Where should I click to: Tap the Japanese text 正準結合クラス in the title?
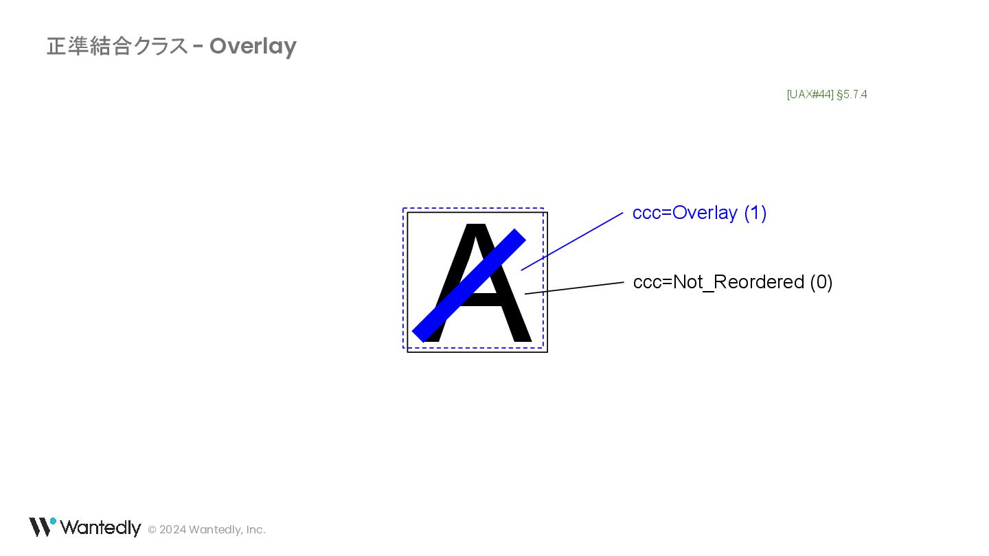pyautogui.click(x=117, y=47)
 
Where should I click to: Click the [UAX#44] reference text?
pyautogui.click(x=810, y=95)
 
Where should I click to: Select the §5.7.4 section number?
pyautogui.click(x=852, y=95)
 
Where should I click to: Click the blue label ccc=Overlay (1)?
pyautogui.click(x=699, y=213)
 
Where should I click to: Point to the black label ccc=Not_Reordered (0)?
pyautogui.click(x=732, y=282)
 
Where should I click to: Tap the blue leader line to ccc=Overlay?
pyautogui.click(x=572, y=241)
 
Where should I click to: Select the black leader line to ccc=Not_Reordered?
pyautogui.click(x=574, y=288)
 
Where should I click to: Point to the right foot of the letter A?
pyautogui.click(x=521, y=338)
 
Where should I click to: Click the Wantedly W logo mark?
pyautogui.click(x=40, y=527)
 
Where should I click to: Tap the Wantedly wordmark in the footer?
pyautogui.click(x=100, y=528)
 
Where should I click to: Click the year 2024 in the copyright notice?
pyautogui.click(x=172, y=530)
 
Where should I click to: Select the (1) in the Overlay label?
pyautogui.click(x=755, y=213)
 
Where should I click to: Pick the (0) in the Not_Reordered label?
pyautogui.click(x=821, y=282)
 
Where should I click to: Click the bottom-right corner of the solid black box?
pyautogui.click(x=547, y=352)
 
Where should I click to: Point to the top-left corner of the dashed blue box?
pyautogui.click(x=403, y=209)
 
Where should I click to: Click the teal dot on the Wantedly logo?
pyautogui.click(x=53, y=521)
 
